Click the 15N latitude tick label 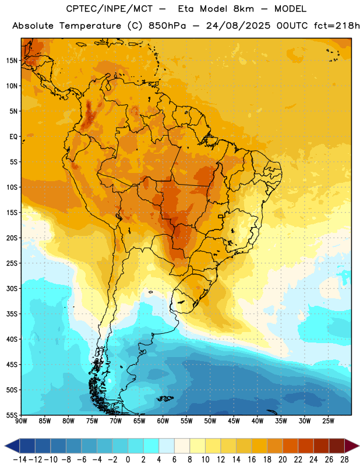pyautogui.click(x=12, y=61)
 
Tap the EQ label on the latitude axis pyautogui.click(x=13, y=137)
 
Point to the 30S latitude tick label pyautogui.click(x=12, y=288)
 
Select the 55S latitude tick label pyautogui.click(x=12, y=415)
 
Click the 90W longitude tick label pyautogui.click(x=21, y=421)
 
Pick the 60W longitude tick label pyautogui.click(x=163, y=421)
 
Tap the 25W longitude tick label pyautogui.click(x=328, y=421)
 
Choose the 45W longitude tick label pyautogui.click(x=234, y=421)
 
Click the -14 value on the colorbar pyautogui.click(x=20, y=460)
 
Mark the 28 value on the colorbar pyautogui.click(x=344, y=460)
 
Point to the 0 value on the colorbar pyautogui.click(x=128, y=460)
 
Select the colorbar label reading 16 pyautogui.click(x=252, y=460)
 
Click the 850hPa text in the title pyautogui.click(x=167, y=26)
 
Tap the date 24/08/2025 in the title pyautogui.click(x=238, y=26)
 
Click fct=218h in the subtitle pyautogui.click(x=337, y=26)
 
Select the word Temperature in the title pyautogui.click(x=90, y=26)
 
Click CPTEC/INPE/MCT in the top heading pyautogui.click(x=110, y=9)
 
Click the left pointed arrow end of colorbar pyautogui.click(x=12, y=446)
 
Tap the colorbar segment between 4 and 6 pyautogui.click(x=167, y=446)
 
